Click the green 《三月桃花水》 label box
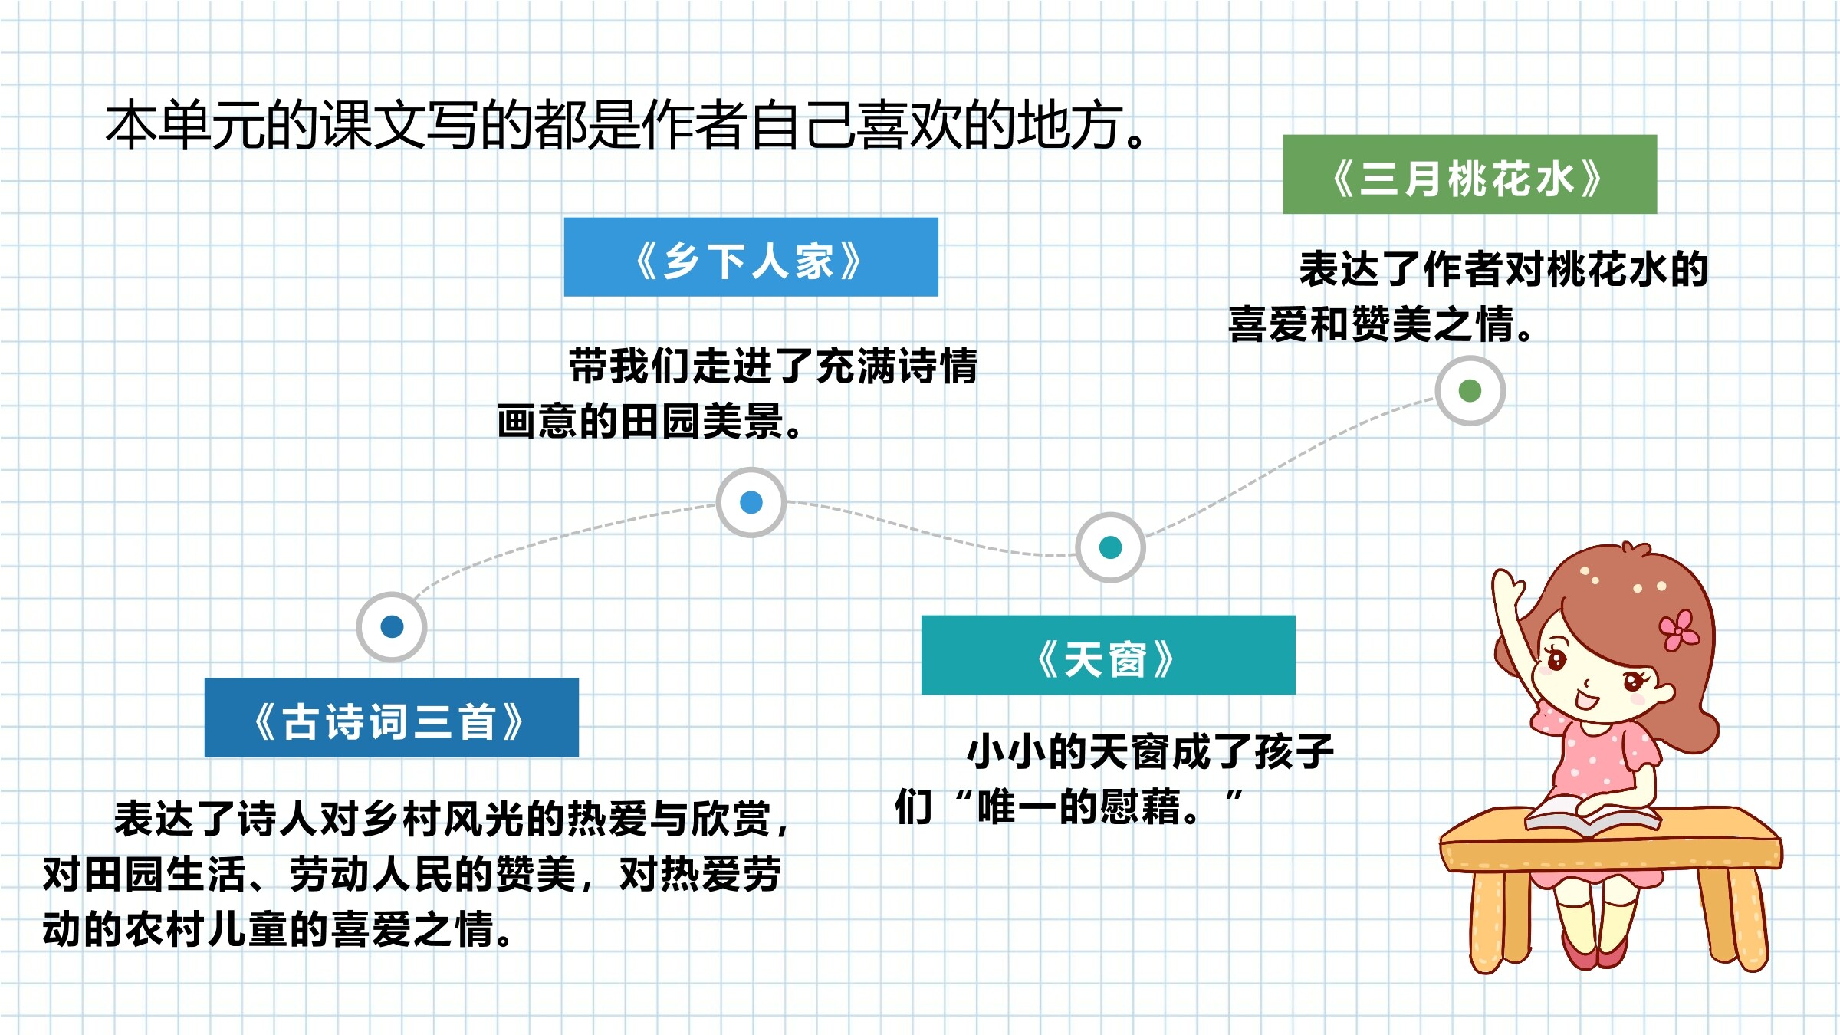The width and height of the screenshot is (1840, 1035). coord(1470,174)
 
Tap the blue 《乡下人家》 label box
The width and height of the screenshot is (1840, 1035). coord(751,257)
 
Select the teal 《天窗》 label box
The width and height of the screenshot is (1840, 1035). coord(1109,655)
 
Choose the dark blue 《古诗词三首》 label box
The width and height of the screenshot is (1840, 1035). coord(392,718)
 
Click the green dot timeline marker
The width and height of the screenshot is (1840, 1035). coord(1470,391)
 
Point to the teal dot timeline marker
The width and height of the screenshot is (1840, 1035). coord(1110,547)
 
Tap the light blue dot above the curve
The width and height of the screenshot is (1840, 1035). coord(751,502)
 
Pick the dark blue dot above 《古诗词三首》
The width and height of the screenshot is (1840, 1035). coord(392,627)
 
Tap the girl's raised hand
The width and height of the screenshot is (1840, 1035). coord(1507,587)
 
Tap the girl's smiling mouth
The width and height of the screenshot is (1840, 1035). coord(1586,701)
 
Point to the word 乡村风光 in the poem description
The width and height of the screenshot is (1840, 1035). coord(445,819)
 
